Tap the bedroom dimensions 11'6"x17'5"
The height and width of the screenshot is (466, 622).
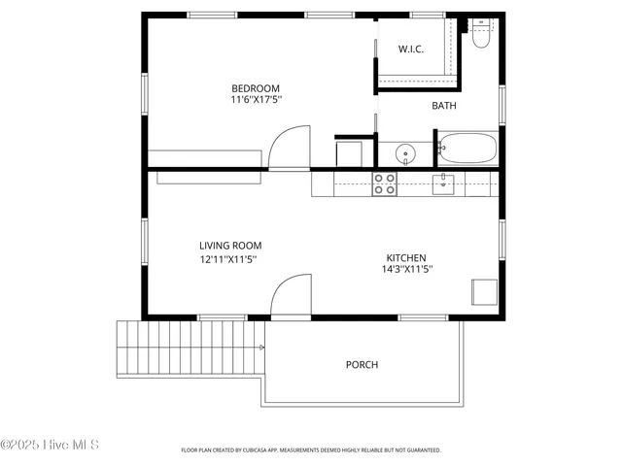coord(257,99)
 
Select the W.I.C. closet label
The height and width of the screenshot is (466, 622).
coord(411,49)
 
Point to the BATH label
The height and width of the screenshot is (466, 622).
coord(443,106)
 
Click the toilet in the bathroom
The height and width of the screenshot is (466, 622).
coord(480,37)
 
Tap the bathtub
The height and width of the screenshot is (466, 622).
coord(467,150)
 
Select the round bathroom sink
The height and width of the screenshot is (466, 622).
coord(404,152)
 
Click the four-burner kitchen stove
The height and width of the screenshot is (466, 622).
coord(385,183)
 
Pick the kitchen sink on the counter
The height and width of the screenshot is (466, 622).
coord(443,183)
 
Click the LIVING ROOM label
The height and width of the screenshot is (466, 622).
coord(230,246)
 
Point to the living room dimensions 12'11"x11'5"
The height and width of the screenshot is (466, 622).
coord(228,259)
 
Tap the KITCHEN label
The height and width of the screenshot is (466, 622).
coord(404,257)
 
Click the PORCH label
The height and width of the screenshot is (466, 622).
coord(362,365)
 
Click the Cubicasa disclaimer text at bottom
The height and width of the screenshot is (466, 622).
coord(311,450)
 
